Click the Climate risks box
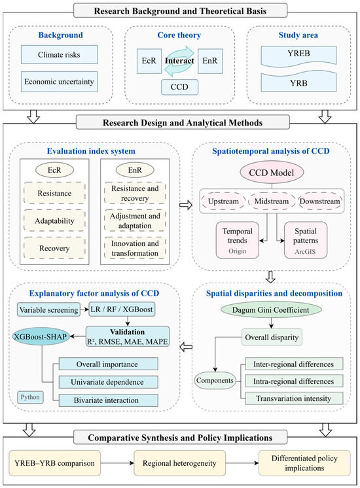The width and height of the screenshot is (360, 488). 59,55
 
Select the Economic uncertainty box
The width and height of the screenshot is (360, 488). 59,82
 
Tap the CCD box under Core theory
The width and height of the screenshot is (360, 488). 179,87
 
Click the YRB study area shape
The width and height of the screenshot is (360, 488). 298,82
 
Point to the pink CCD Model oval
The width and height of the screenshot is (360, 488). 272,173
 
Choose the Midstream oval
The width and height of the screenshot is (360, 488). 272,201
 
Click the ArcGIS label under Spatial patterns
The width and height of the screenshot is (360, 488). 305,251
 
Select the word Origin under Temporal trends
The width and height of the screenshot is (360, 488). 238,251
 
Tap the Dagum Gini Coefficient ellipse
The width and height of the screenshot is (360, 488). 270,310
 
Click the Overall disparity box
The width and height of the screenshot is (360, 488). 272,337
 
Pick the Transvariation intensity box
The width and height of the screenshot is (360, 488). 294,398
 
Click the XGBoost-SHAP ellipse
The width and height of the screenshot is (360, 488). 41,336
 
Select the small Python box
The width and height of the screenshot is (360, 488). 30,397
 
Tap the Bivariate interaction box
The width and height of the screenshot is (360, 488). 108,400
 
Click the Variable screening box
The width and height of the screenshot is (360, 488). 48,309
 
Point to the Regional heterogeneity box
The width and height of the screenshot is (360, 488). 179,463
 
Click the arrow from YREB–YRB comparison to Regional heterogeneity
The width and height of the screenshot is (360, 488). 117,463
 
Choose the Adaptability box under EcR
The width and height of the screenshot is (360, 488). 54,220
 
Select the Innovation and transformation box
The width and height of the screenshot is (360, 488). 135,248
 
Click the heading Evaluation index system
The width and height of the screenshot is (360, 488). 91,151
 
